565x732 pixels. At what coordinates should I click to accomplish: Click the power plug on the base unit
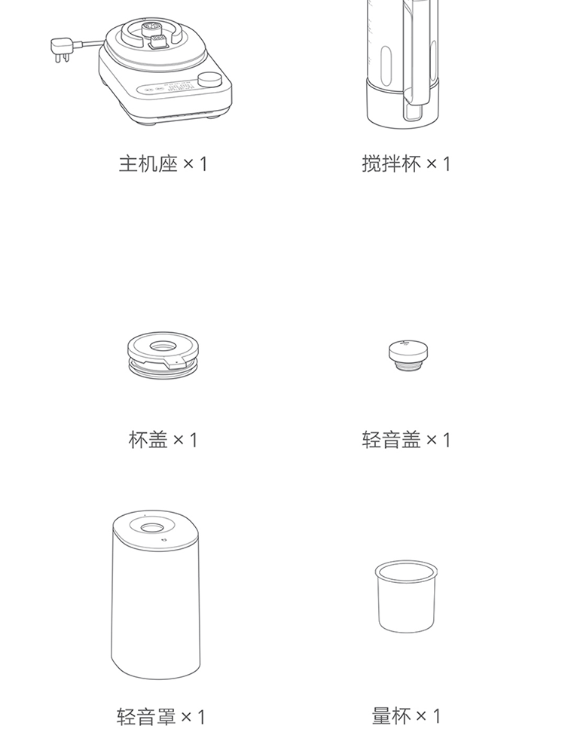61,50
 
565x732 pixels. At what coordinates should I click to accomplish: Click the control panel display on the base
168,88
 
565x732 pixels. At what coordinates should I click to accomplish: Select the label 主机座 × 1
163,164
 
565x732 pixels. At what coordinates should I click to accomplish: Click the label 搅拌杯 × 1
406,164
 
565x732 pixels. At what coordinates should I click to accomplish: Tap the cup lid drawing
163,355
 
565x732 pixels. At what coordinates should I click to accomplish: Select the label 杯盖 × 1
163,440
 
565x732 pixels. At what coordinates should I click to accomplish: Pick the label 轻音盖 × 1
406,440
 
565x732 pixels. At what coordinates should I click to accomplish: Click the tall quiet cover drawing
155,594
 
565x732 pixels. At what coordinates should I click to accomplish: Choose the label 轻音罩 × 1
160,716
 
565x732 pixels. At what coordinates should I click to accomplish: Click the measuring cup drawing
406,596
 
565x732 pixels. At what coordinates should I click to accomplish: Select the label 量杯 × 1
406,715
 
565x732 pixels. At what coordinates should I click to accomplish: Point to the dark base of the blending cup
402,104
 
